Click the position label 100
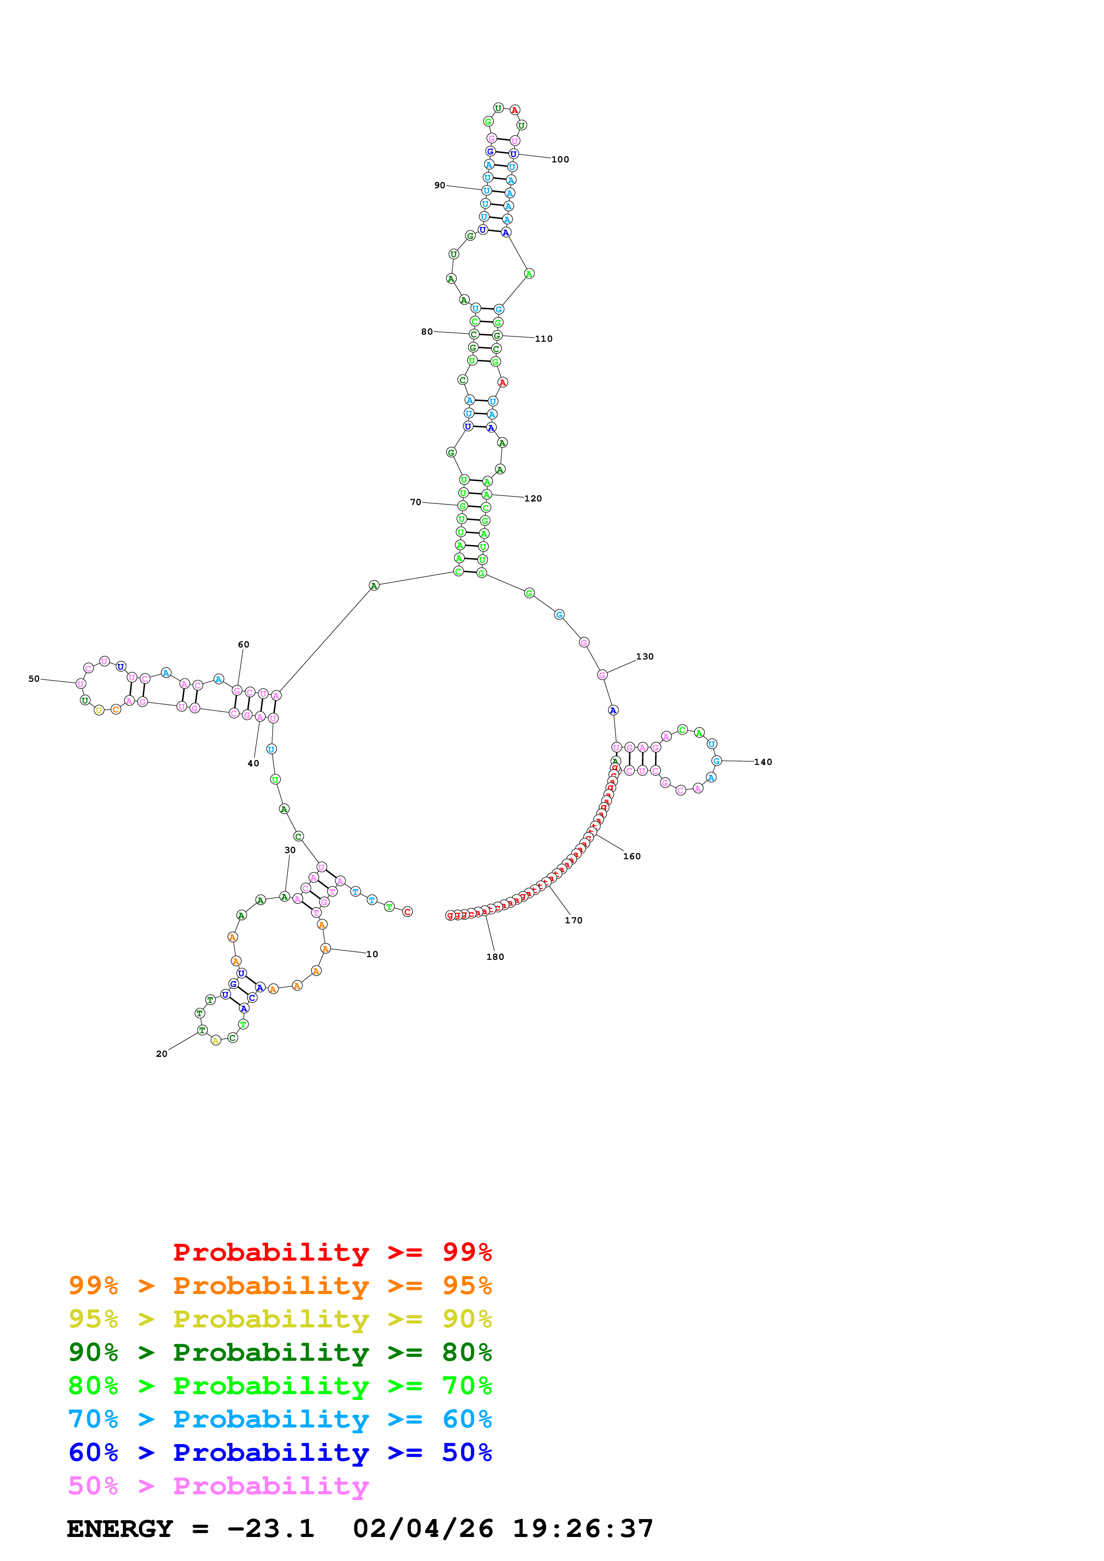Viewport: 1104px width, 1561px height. click(x=560, y=160)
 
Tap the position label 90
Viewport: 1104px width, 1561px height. click(x=440, y=185)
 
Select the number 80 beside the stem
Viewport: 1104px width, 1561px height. click(x=427, y=332)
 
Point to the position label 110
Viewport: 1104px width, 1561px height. click(x=543, y=339)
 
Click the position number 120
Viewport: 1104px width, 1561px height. click(x=533, y=498)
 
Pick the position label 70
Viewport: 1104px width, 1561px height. click(x=415, y=502)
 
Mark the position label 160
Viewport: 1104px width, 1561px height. click(x=631, y=856)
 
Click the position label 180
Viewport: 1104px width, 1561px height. click(x=494, y=957)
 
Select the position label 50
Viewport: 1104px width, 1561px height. click(x=34, y=679)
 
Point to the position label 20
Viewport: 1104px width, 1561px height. click(x=161, y=1054)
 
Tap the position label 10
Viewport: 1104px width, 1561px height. click(x=372, y=954)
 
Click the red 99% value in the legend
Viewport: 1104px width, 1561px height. click(x=467, y=1252)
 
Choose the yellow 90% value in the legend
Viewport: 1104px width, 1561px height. click(x=467, y=1318)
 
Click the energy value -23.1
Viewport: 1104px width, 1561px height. click(x=271, y=1529)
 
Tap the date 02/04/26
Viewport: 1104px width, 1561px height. click(x=423, y=1529)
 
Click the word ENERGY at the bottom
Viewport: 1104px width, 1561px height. click(x=120, y=1529)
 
